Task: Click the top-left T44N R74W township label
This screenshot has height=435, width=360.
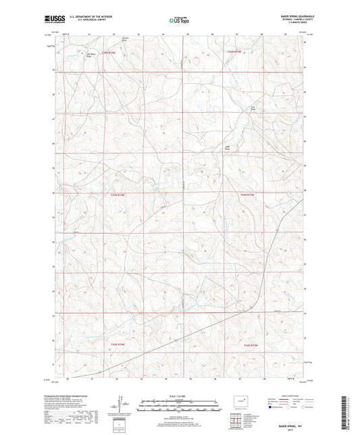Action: (110, 51)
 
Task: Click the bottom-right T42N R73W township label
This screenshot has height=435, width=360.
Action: (250, 346)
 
